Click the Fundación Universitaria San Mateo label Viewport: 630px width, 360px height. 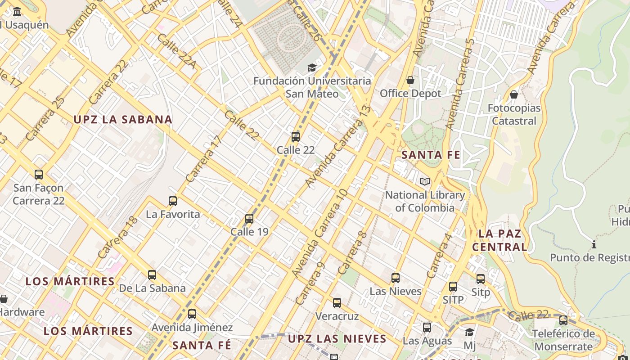point(312,87)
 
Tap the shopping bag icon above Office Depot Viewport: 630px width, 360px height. point(410,81)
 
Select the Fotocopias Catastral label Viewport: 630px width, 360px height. point(514,114)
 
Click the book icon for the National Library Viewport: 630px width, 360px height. point(424,182)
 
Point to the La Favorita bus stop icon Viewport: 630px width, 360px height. point(173,201)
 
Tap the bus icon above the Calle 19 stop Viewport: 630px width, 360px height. point(249,219)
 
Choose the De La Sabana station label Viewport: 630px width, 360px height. point(152,288)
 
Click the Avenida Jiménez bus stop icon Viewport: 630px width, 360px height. point(192,314)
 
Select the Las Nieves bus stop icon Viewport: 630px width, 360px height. point(396,278)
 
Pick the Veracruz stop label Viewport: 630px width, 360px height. point(337,316)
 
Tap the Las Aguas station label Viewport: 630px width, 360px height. point(427,341)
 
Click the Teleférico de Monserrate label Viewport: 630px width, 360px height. point(563,340)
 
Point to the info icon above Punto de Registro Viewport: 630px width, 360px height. point(594,245)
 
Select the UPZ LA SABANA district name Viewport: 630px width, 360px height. point(123,120)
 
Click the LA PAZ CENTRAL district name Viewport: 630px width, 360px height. point(500,240)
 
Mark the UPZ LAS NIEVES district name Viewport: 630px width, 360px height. point(337,339)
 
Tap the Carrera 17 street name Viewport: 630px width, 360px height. point(204,159)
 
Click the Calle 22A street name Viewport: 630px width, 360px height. point(176,51)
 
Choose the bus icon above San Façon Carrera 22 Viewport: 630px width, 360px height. point(39,175)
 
